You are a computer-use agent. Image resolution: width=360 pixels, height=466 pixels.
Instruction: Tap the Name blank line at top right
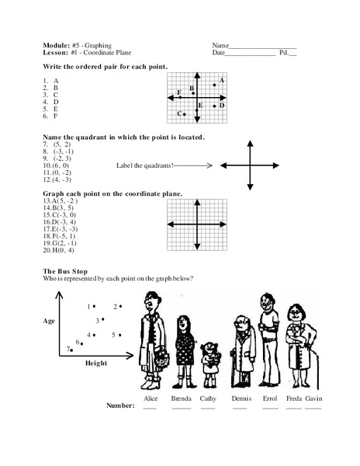[263, 47]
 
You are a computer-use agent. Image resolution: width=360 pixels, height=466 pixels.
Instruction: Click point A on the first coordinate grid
[215, 85]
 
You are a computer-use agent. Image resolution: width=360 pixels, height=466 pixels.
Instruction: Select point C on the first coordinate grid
[184, 114]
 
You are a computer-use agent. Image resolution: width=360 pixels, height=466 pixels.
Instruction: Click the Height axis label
[97, 362]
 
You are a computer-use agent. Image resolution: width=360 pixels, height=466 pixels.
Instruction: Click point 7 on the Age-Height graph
[72, 349]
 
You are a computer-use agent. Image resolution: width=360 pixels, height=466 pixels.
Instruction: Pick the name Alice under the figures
[151, 398]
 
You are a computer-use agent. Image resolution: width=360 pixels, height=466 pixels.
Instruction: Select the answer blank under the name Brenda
[181, 407]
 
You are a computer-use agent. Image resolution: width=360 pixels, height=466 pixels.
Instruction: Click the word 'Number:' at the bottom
[119, 405]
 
